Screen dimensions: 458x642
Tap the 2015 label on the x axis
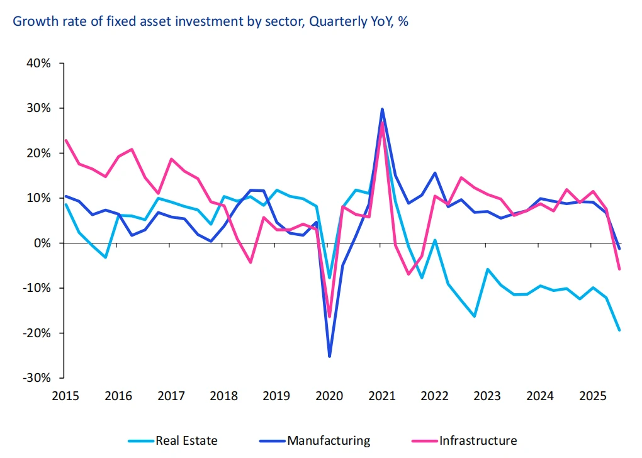tap(65, 396)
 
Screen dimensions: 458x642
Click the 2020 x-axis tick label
tap(329, 396)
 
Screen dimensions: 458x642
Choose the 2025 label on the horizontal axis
tap(592, 396)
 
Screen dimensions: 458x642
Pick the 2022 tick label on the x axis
tap(434, 396)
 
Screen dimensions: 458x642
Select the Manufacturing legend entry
tap(328, 440)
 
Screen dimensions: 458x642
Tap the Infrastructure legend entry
tap(478, 440)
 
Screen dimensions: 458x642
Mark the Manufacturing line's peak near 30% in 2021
tap(382, 109)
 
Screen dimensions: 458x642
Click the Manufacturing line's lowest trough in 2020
tap(329, 356)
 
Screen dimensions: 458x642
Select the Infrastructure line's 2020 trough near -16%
tap(329, 316)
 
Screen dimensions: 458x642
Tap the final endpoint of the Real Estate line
tap(619, 330)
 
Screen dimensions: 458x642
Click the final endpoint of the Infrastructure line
tap(619, 269)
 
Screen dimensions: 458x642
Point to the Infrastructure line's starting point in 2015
tap(65, 140)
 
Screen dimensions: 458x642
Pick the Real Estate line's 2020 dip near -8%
tap(329, 277)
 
